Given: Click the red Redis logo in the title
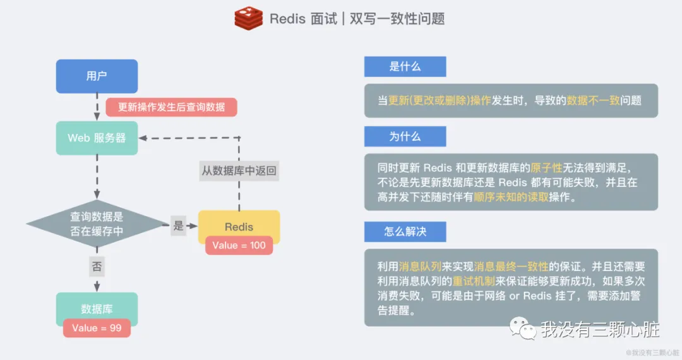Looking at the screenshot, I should point(248,18).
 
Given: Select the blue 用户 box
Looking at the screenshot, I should point(97,76).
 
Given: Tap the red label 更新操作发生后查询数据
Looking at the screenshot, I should point(171,107).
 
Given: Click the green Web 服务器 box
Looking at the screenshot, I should point(97,138).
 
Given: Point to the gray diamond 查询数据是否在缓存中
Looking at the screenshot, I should point(97,224).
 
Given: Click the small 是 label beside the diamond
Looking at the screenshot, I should point(178,225).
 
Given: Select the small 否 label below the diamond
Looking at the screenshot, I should point(97,267).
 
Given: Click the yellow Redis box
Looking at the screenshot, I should point(239,226).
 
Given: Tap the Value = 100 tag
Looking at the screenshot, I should point(239,245).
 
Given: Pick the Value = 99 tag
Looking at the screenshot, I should point(97,328).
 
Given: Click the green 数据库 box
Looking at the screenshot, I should point(97,309).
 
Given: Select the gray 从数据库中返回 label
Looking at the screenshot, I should point(239,171).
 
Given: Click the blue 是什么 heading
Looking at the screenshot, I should point(405,66).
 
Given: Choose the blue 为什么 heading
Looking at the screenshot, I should point(405,136).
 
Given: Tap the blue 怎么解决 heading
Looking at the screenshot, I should point(405,231).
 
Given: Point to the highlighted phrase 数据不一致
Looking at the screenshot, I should point(593,100).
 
